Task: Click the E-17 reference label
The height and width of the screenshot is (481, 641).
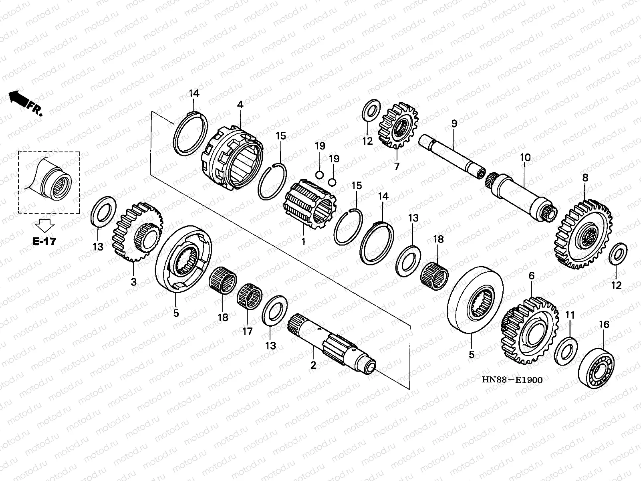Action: coord(44,241)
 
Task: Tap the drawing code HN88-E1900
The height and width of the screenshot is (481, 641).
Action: coord(515,380)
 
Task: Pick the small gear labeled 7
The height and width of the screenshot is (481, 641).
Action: coord(398,125)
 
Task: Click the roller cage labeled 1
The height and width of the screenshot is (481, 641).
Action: coord(308,204)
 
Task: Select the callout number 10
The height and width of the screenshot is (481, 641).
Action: coord(525,158)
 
